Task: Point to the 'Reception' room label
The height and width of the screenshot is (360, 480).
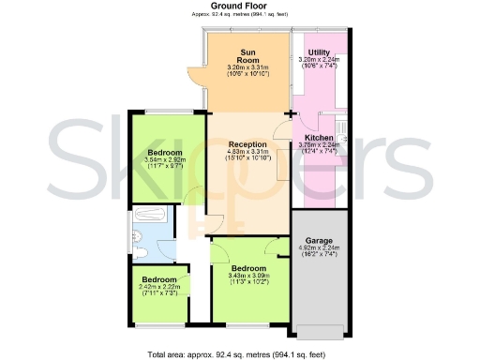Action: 248,143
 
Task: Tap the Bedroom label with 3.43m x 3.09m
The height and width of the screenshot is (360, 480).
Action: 248,268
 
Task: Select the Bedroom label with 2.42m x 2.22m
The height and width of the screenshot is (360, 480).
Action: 159,278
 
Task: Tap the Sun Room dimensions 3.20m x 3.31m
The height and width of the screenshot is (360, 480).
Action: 248,68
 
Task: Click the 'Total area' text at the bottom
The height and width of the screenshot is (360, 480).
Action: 239,354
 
